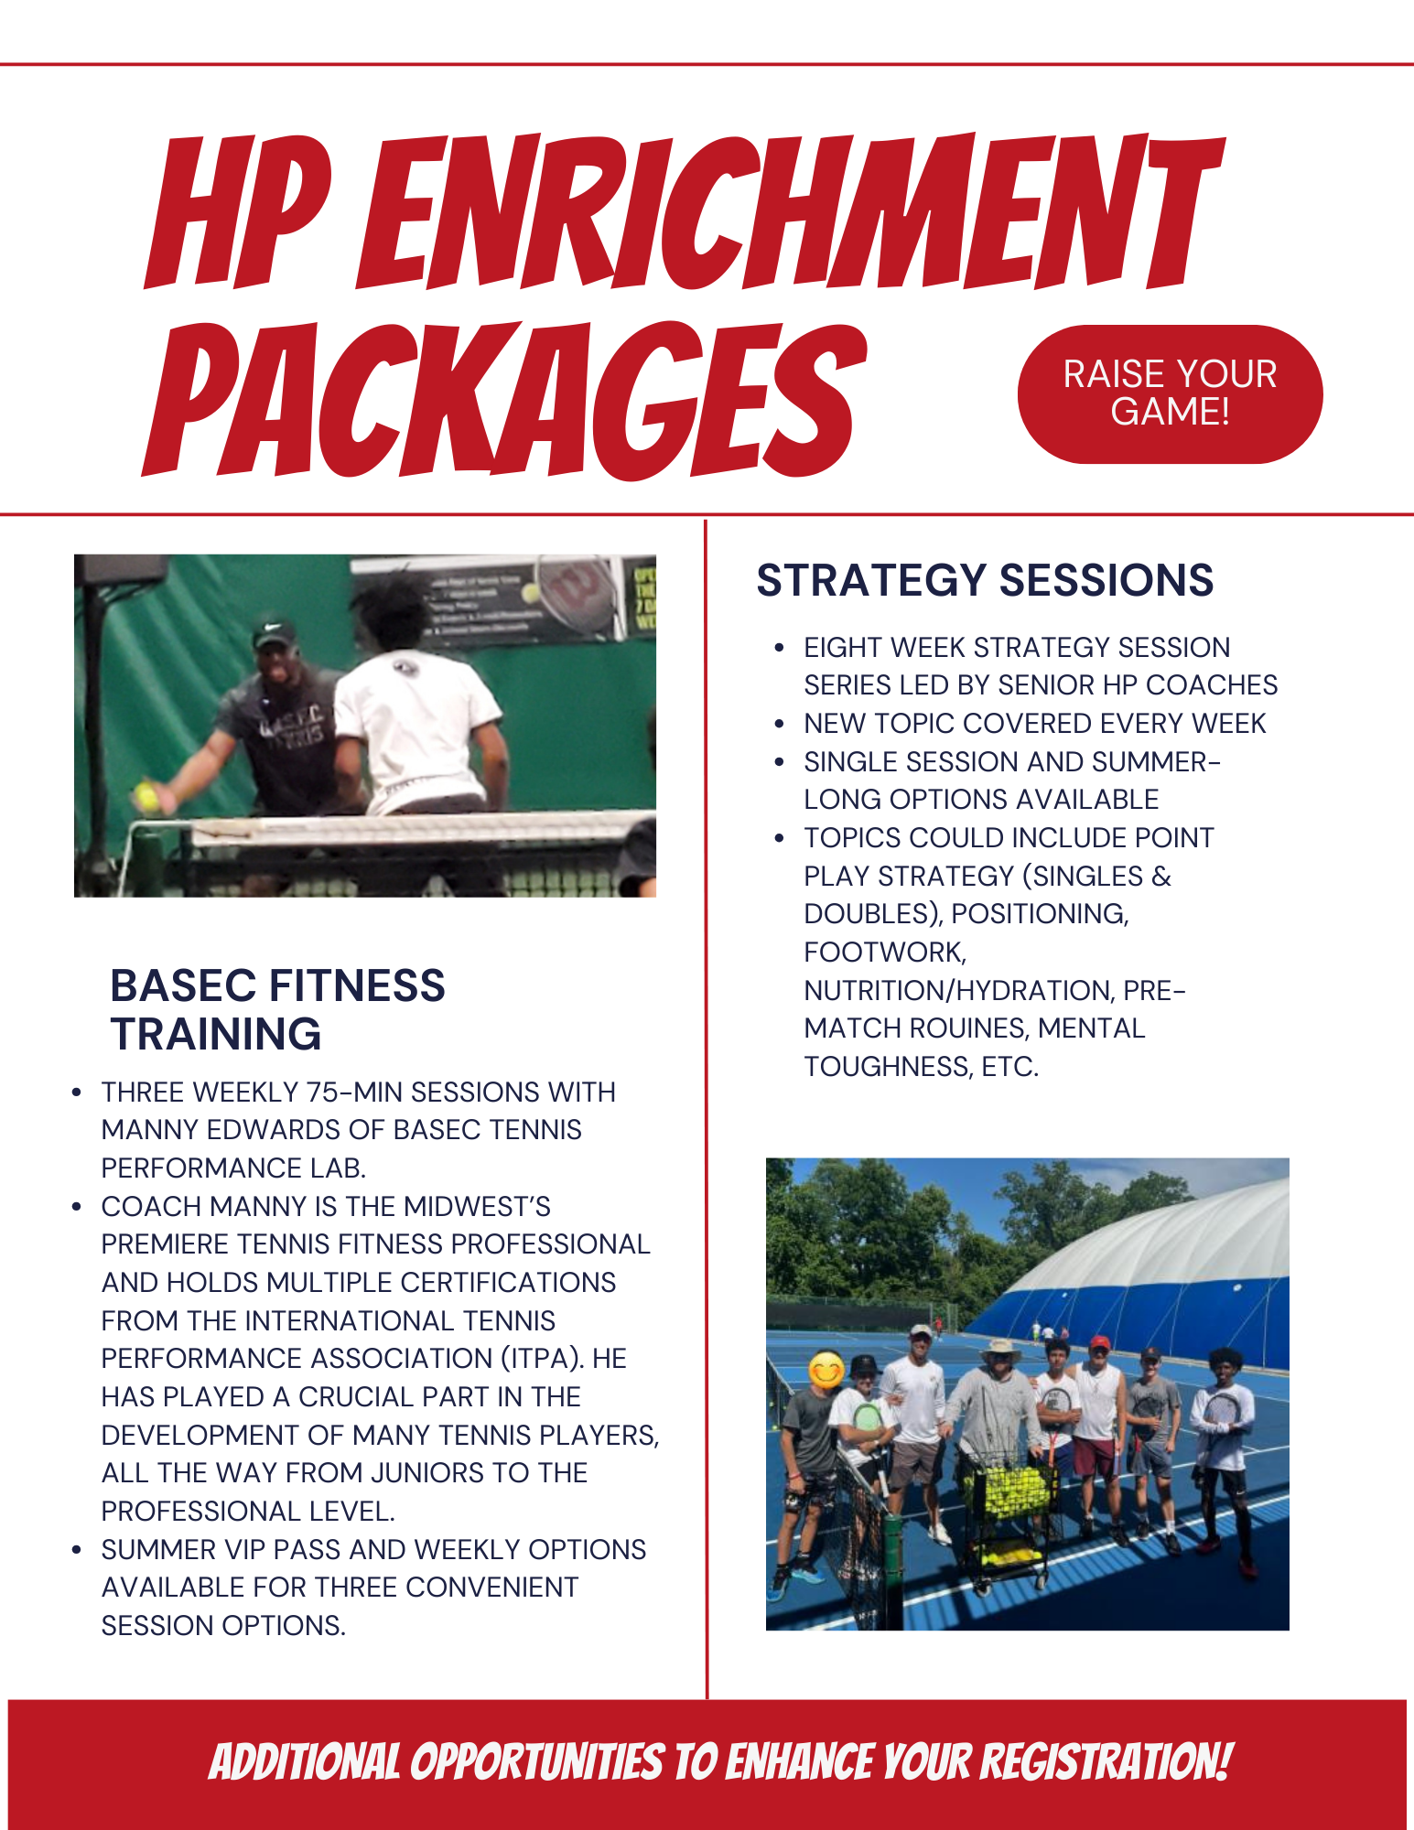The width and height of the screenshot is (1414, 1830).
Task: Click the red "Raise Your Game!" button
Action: point(1169,394)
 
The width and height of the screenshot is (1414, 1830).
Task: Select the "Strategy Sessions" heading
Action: point(985,580)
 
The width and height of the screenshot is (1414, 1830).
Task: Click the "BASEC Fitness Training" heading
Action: point(276,1009)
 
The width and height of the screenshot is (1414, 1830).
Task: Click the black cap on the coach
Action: point(274,630)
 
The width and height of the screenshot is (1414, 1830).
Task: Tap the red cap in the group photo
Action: point(1100,1343)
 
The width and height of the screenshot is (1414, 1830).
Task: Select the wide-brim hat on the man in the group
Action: point(1000,1351)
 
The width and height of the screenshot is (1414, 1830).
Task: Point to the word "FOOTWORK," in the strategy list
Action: point(885,953)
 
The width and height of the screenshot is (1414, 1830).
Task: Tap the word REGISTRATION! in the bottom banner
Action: point(1106,1762)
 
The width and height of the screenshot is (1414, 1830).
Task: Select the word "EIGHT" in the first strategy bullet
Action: point(842,648)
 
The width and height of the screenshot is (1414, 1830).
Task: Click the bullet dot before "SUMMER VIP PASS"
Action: point(78,1550)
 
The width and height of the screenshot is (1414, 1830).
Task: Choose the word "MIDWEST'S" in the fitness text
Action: point(477,1207)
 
